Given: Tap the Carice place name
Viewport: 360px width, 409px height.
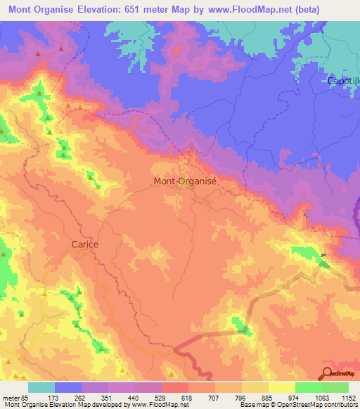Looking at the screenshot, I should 84,245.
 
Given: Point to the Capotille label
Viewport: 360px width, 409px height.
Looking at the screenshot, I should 343,81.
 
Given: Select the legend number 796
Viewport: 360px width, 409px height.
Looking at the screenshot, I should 241,398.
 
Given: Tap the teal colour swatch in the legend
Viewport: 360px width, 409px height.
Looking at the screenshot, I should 41,387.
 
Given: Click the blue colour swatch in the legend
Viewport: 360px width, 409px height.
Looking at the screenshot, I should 68,387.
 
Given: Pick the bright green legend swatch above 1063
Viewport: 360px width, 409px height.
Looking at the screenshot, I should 309,387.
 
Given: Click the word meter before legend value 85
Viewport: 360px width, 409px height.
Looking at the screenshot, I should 11,398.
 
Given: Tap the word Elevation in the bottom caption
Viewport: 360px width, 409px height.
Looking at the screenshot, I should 63,405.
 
